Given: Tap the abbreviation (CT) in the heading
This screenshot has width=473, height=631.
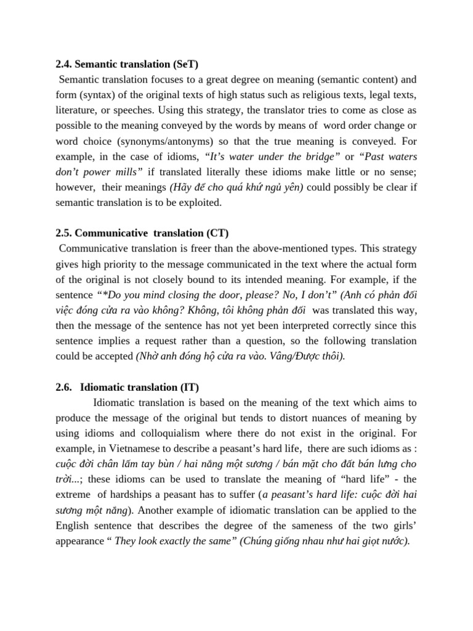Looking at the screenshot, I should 217,233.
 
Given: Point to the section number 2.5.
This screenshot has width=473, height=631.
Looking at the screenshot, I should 65,233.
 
